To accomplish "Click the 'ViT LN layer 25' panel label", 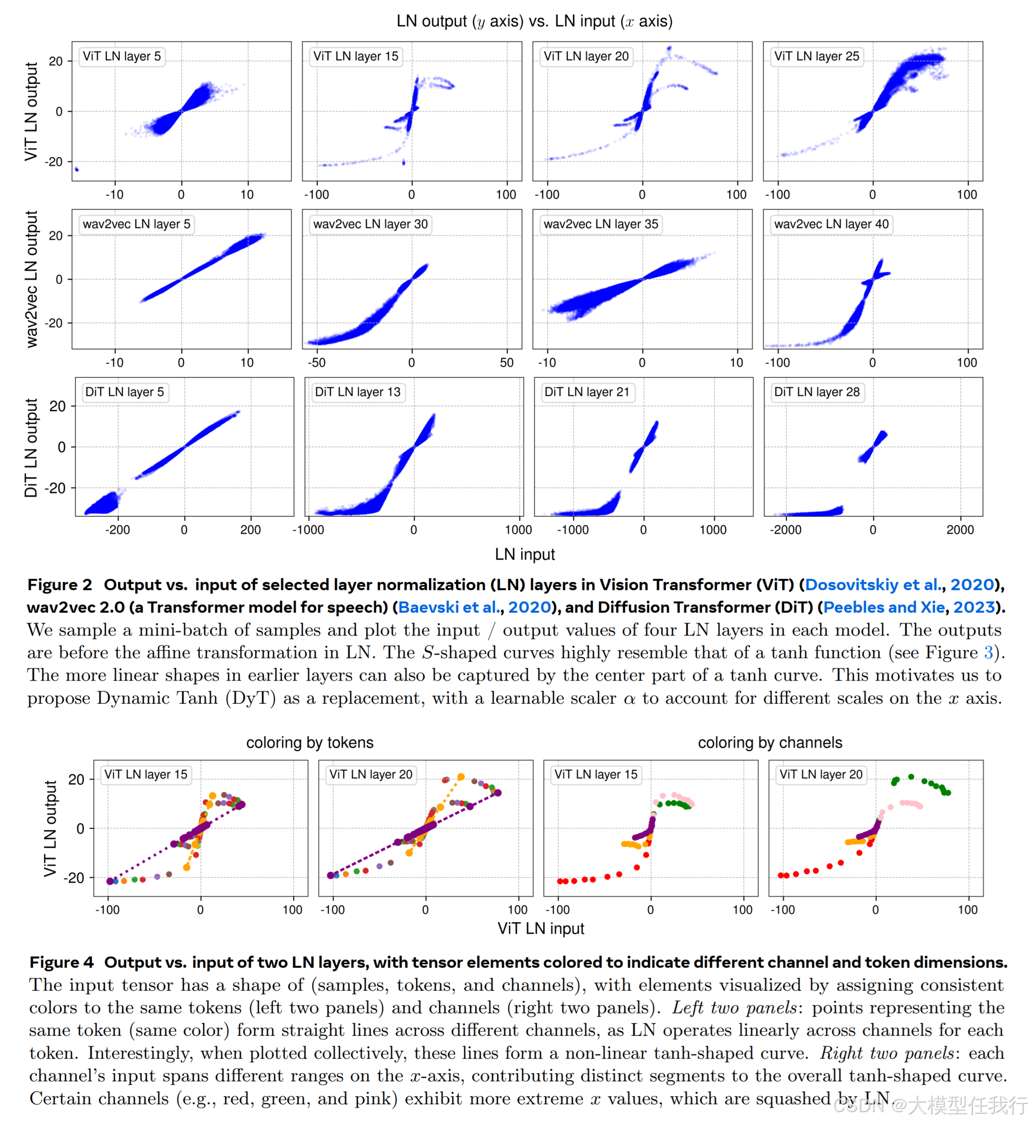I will click(816, 57).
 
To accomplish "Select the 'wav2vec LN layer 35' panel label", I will click(600, 224).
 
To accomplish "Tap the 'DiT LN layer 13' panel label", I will click(357, 392).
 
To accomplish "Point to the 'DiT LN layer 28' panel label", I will click(816, 392).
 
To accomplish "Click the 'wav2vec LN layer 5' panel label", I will click(136, 224).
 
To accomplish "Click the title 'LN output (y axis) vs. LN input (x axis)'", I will click(534, 21).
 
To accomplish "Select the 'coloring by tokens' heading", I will click(310, 742).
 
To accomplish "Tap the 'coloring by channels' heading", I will click(770, 742).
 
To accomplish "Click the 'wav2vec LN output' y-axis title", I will click(32, 279).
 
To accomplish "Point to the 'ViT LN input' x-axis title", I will click(540, 928).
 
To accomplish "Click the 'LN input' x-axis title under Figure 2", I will click(524, 554).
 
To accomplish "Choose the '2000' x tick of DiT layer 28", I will click(960, 530).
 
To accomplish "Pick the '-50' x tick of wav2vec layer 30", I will click(316, 363).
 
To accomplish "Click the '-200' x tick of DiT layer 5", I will click(117, 530).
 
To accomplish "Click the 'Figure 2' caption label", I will click(60, 585).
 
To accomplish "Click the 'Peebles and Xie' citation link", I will click(883, 607).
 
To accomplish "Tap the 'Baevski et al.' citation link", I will click(449, 607).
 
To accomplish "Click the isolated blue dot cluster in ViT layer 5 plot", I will click(76, 170).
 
